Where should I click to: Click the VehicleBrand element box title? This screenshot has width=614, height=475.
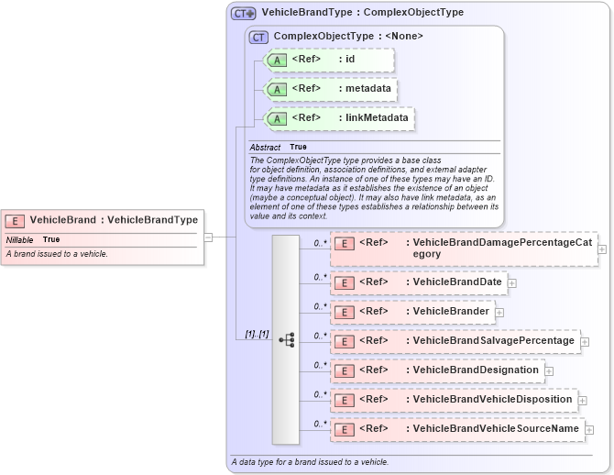click(114, 220)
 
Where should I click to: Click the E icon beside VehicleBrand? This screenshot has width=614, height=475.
click(15, 220)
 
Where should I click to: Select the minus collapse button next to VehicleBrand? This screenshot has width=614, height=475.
click(208, 237)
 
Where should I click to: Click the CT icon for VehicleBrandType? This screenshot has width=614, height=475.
click(243, 13)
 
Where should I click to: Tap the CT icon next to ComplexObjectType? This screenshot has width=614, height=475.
click(258, 37)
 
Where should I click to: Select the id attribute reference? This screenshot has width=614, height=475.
click(329, 60)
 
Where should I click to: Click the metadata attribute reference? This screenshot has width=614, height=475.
click(331, 89)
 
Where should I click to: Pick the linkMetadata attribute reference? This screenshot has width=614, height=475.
click(339, 118)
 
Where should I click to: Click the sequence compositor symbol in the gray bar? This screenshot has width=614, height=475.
click(286, 339)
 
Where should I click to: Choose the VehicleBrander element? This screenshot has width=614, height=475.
click(411, 312)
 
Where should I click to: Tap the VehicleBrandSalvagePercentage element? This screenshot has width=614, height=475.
click(455, 341)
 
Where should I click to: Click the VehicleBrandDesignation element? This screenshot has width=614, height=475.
click(436, 370)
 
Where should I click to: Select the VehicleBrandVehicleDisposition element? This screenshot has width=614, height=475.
click(453, 400)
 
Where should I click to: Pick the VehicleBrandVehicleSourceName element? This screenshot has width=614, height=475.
click(456, 429)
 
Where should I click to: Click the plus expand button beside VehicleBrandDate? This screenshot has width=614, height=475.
click(512, 282)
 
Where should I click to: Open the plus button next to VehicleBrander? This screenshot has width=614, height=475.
click(499, 313)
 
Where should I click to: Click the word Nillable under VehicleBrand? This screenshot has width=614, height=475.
click(19, 239)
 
